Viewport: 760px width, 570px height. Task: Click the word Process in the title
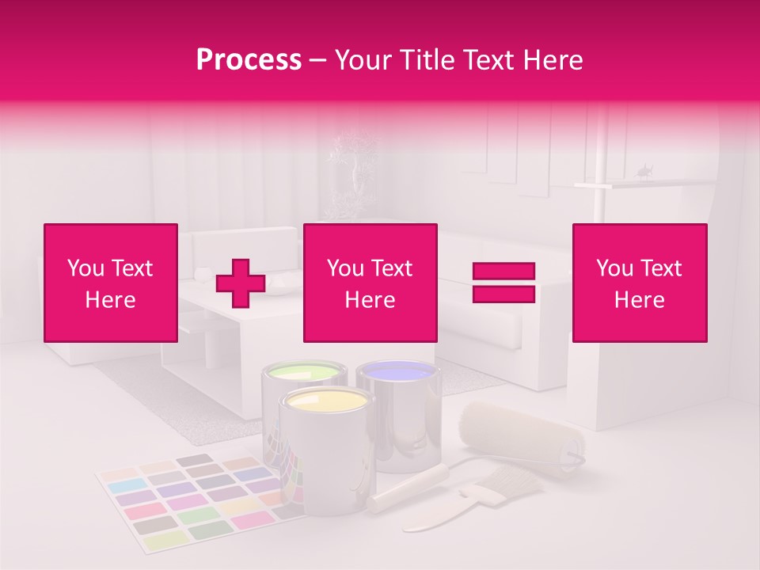249,60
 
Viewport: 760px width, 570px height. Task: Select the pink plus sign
241,283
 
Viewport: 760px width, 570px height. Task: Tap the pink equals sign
503,283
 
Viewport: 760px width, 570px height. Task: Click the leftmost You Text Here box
111,283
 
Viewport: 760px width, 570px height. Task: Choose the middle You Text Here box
370,283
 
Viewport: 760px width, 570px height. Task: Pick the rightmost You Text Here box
639,283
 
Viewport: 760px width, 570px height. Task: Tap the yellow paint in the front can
326,401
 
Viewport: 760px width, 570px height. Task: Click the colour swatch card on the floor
190,499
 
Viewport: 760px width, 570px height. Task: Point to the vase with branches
355,170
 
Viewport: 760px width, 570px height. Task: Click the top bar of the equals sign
503,272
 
